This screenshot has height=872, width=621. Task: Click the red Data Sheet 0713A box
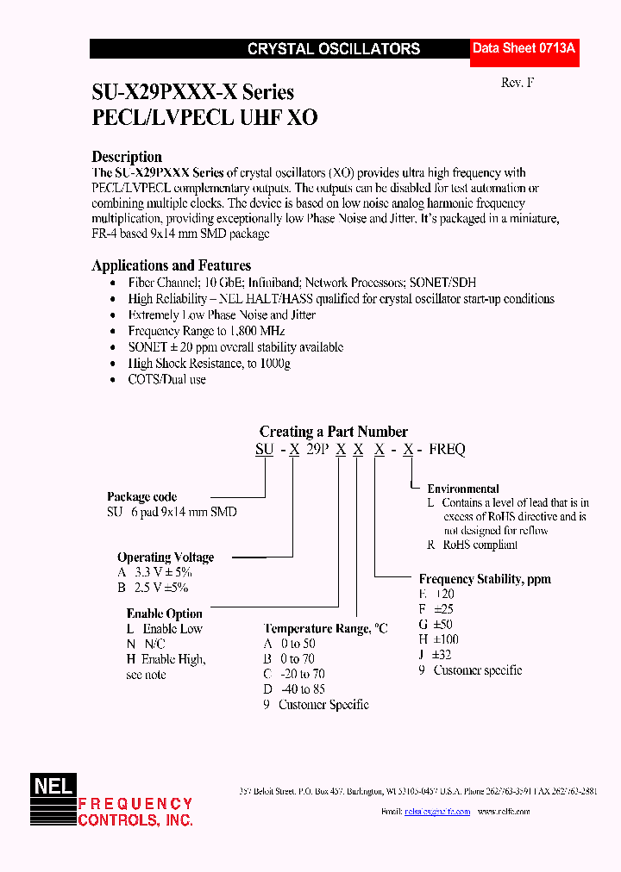tap(524, 50)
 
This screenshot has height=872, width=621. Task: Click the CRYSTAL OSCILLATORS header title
tap(334, 50)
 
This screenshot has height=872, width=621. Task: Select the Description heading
tap(127, 157)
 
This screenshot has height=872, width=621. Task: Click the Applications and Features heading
tap(171, 265)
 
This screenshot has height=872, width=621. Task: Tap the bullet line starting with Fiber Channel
tap(302, 283)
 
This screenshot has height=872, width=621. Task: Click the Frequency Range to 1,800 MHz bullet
tap(206, 331)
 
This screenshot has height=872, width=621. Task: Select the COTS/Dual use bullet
tap(166, 379)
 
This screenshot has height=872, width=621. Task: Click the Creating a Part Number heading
tap(334, 432)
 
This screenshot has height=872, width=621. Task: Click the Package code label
tap(141, 496)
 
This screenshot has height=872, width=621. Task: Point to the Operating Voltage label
tap(166, 557)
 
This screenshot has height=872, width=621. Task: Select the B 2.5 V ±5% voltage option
tap(153, 587)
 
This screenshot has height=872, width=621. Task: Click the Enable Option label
tap(164, 614)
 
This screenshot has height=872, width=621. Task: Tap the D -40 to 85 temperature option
tap(294, 689)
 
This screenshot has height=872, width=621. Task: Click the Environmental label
tap(463, 489)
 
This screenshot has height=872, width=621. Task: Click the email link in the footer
tap(436, 812)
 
